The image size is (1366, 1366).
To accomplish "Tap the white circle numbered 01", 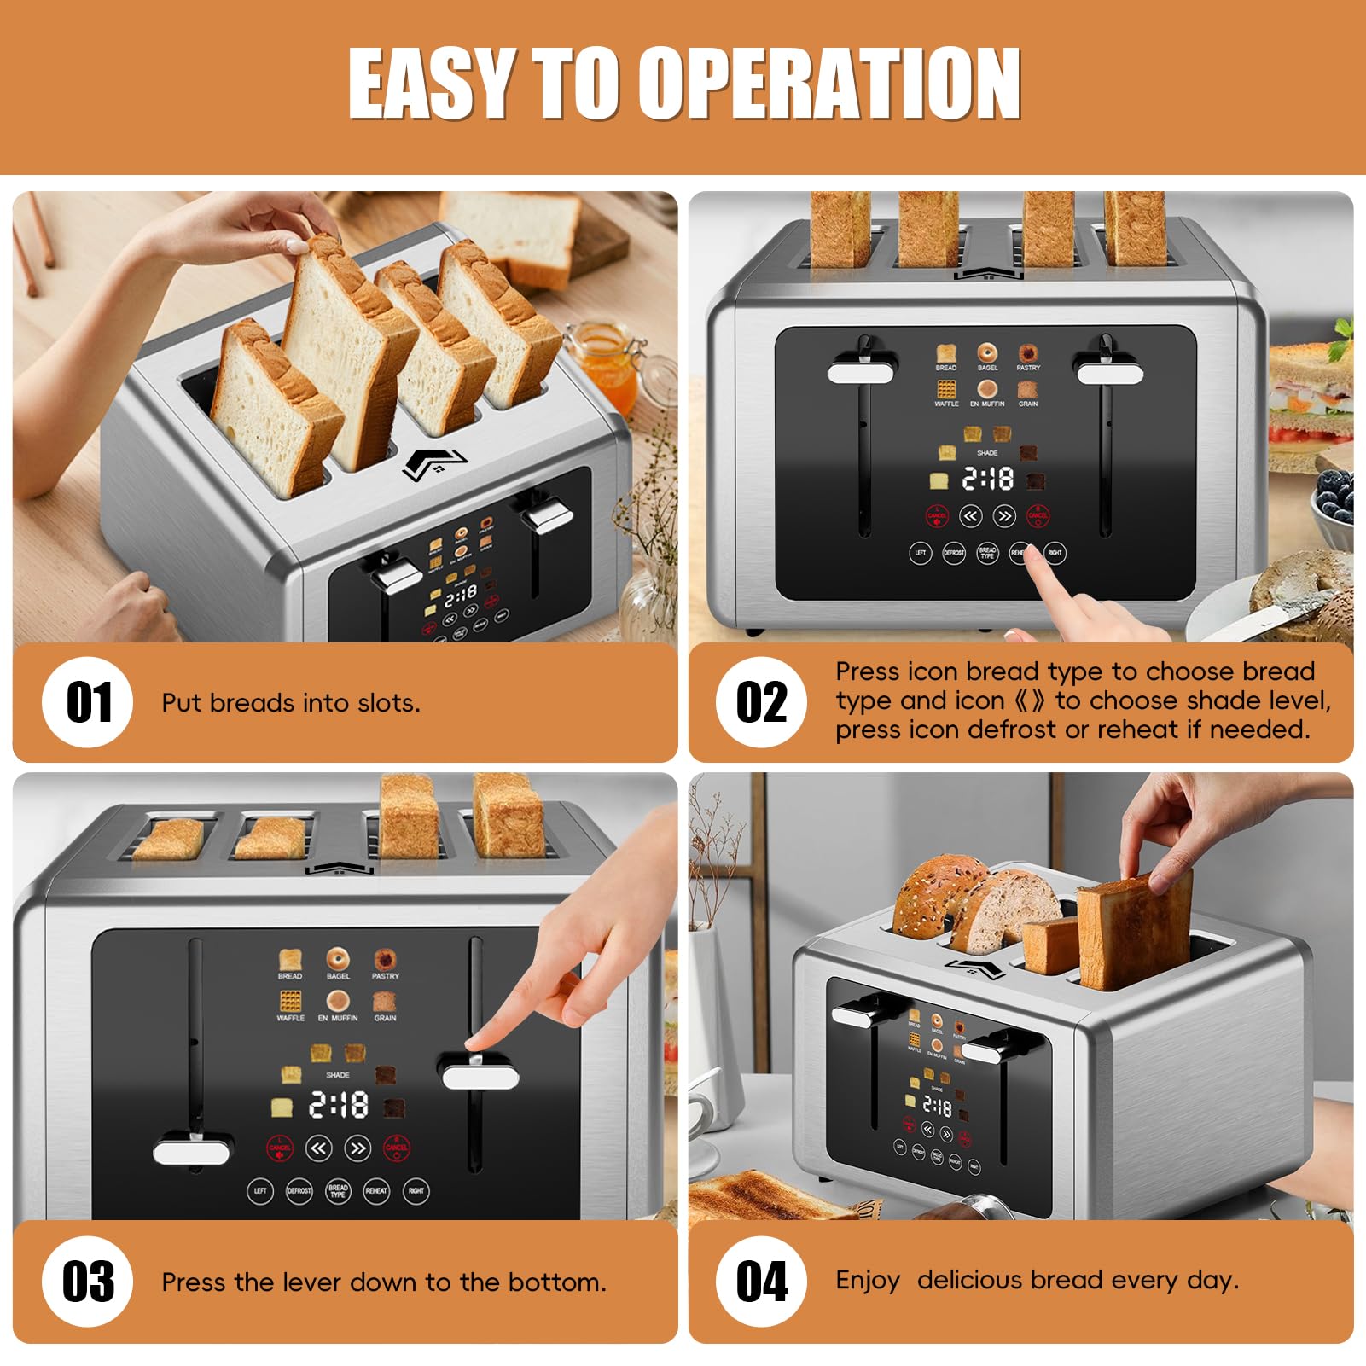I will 88,702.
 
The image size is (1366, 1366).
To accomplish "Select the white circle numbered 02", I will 761,702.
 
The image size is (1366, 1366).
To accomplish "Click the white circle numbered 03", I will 88,1281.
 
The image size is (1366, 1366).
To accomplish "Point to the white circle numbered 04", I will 761,1281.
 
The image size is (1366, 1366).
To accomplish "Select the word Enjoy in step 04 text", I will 868,1281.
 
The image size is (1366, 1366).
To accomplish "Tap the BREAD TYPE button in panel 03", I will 338,1190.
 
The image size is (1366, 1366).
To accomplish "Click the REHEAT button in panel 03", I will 376,1190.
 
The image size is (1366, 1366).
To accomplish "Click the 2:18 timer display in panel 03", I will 339,1106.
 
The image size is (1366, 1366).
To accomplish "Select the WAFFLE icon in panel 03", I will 290,1002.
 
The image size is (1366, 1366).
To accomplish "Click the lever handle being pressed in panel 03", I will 480,1076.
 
